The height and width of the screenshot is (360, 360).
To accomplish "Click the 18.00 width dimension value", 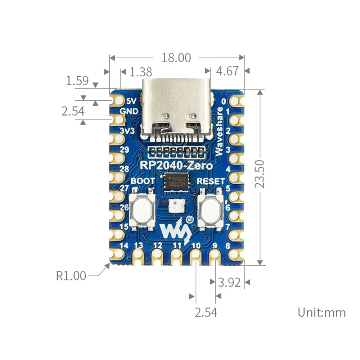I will [x=176, y=58].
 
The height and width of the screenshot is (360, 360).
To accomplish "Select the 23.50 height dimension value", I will [x=260, y=174].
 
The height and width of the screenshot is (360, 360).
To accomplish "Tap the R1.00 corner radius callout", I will [x=71, y=276].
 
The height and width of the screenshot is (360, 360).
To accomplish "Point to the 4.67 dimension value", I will [x=227, y=71].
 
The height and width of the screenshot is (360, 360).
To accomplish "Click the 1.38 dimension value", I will [x=140, y=72].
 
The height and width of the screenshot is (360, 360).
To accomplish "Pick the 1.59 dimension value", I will [x=77, y=80].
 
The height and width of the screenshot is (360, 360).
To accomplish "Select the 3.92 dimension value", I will [x=229, y=283].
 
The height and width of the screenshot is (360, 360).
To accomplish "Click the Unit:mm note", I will [x=321, y=312].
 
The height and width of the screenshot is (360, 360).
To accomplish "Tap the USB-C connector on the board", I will [x=176, y=108].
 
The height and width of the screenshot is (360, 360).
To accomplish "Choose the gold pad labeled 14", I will [x=117, y=254].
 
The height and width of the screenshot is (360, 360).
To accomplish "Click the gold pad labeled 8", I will [x=236, y=254].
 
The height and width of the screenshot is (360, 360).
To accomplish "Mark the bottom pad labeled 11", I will [x=176, y=256].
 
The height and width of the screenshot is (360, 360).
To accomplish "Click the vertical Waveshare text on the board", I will [x=219, y=131].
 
